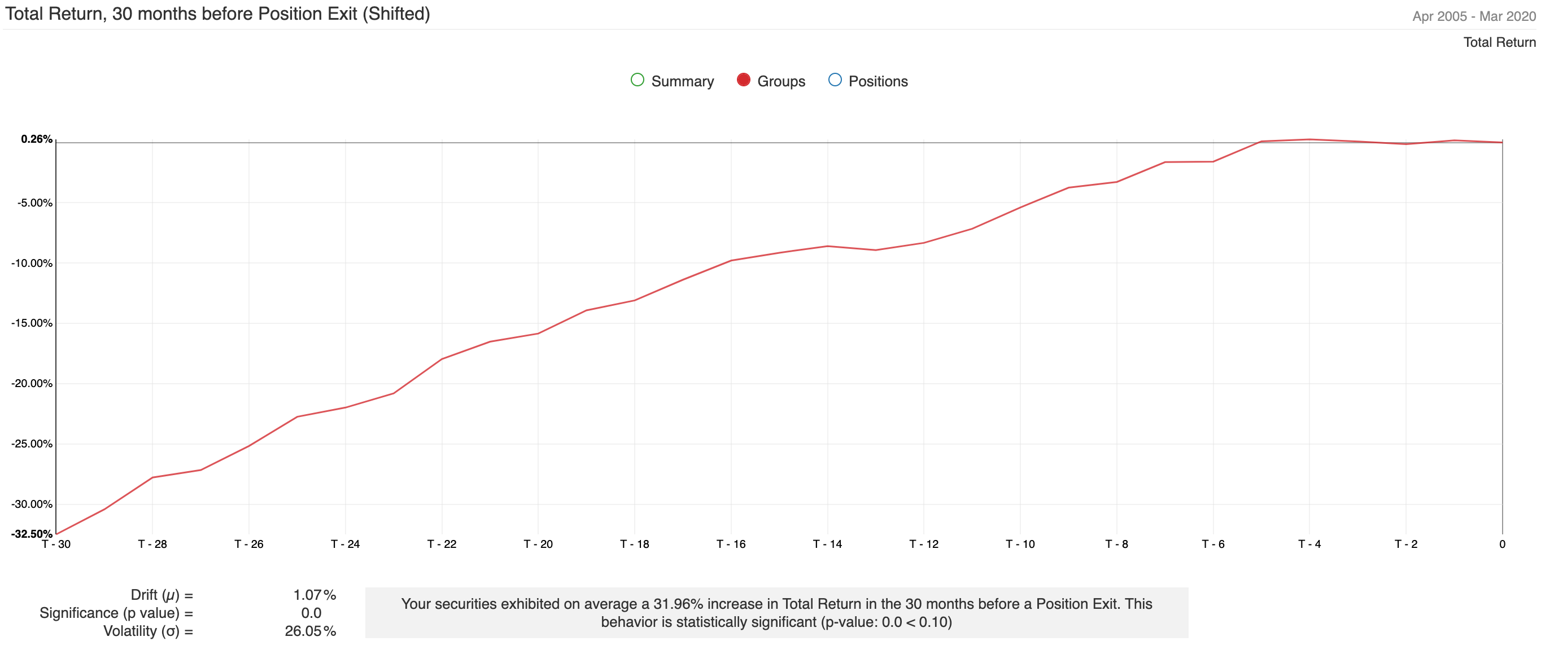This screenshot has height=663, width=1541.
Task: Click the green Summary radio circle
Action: click(x=637, y=80)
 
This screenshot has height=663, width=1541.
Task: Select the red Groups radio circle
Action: click(x=744, y=80)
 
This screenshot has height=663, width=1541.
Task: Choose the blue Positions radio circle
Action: click(x=835, y=80)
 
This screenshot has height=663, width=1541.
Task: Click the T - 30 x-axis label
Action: click(x=56, y=544)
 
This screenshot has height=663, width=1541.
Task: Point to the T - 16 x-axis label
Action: click(x=731, y=544)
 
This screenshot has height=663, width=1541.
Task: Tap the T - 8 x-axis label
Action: click(x=1116, y=544)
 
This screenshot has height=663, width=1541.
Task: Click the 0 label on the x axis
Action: click(x=1502, y=544)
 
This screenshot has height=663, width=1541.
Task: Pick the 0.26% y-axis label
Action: click(x=37, y=139)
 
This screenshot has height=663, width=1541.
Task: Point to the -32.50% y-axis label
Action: click(x=32, y=534)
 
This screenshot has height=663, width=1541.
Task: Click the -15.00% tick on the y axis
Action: click(x=32, y=323)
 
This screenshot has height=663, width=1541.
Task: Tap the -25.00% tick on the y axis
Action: click(x=32, y=444)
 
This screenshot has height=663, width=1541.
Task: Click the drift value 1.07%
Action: click(x=314, y=595)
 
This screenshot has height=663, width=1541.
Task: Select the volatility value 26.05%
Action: click(x=310, y=631)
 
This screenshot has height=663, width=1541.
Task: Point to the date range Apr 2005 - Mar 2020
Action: click(x=1473, y=16)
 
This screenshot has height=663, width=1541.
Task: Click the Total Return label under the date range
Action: click(x=1499, y=42)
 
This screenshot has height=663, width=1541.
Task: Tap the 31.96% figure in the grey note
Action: click(x=678, y=604)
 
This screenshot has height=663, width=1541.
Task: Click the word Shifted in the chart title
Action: click(x=396, y=14)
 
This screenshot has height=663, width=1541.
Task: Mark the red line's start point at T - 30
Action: click(x=56, y=534)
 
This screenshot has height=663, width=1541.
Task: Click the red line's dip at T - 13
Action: click(x=876, y=250)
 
